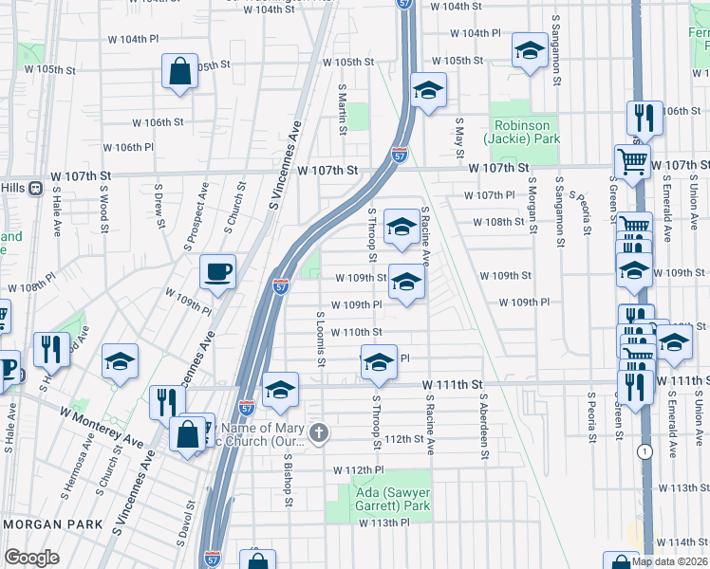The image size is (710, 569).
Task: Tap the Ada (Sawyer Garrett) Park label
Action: pyautogui.click(x=378, y=499)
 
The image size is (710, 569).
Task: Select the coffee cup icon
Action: pyautogui.click(x=217, y=271)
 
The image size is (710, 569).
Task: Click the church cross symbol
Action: pyautogui.click(x=319, y=433)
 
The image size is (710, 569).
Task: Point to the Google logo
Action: pyautogui.click(x=31, y=558)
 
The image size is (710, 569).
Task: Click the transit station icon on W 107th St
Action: pyautogui.click(x=36, y=188)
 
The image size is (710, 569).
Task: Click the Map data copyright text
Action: pyautogui.click(x=670, y=561)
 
